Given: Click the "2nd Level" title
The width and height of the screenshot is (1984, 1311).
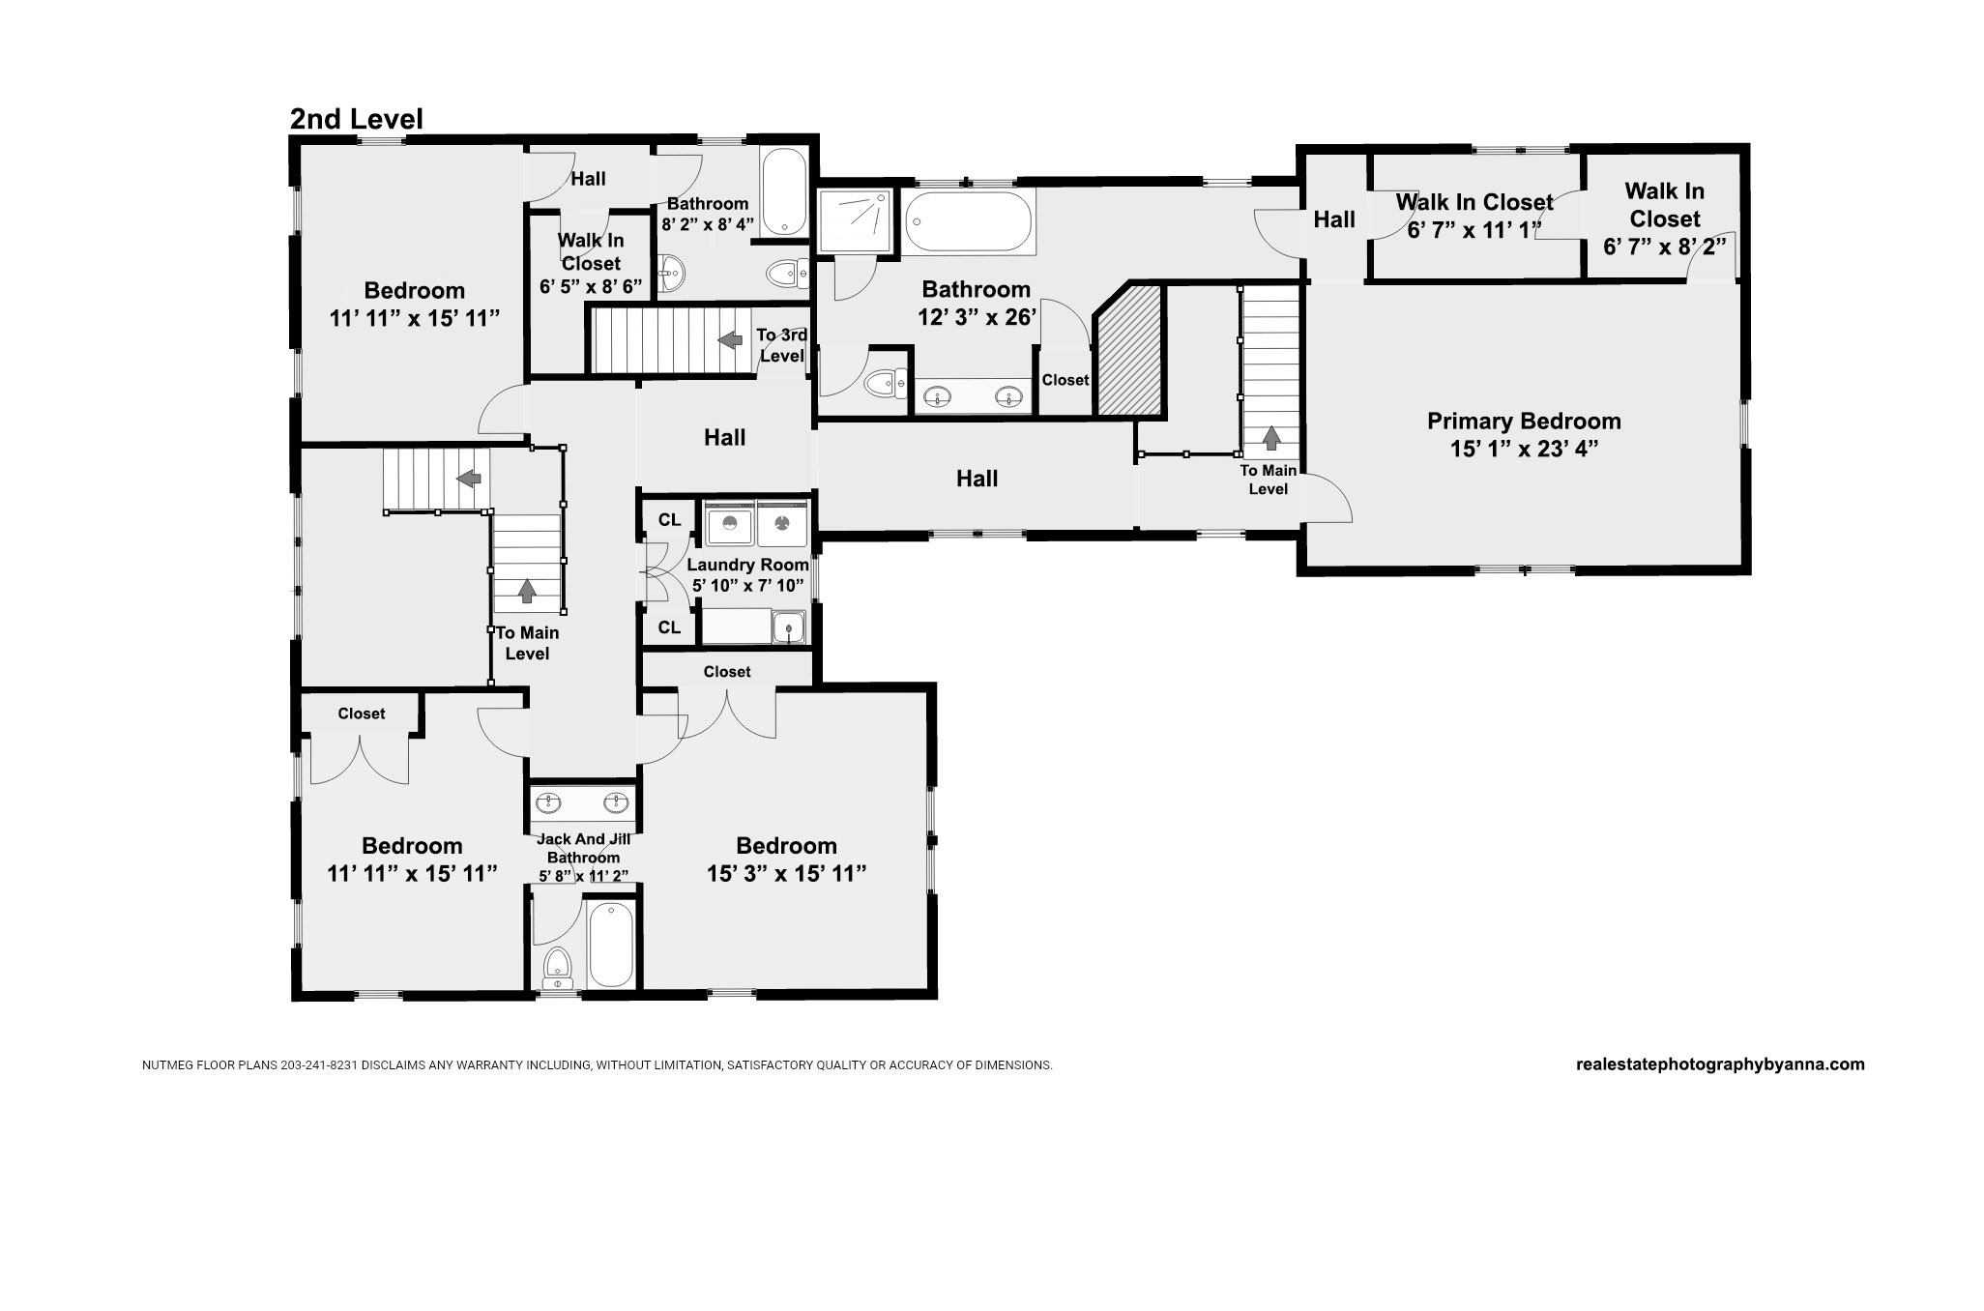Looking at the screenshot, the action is (357, 119).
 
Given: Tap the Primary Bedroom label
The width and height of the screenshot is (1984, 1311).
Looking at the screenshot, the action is (1524, 422).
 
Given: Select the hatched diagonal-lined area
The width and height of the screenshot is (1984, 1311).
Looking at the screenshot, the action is (1127, 349).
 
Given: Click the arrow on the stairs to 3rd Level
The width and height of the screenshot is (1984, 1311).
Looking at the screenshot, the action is (730, 339).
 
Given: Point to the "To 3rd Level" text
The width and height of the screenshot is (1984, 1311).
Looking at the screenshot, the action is (781, 345).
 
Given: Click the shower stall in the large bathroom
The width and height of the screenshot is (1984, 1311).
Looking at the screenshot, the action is (855, 221).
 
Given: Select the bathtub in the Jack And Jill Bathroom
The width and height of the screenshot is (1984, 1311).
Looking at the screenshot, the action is (611, 945).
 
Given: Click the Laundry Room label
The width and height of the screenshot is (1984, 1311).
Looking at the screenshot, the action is (747, 565).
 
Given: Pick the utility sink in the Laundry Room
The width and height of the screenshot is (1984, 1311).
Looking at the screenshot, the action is (789, 627).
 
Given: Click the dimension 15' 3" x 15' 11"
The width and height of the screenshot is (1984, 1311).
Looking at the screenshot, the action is (786, 874).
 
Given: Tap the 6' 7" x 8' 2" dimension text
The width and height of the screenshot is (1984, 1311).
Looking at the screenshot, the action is (1665, 248).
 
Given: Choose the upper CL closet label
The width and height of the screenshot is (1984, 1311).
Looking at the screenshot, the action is (669, 520).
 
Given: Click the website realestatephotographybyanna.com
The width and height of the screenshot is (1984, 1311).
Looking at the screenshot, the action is (1720, 1064).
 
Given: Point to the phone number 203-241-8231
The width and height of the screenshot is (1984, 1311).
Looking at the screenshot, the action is (320, 1065).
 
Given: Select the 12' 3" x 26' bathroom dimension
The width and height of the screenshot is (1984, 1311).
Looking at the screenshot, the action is (977, 316).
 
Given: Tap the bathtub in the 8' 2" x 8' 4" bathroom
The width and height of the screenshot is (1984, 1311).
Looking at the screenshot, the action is (783, 190).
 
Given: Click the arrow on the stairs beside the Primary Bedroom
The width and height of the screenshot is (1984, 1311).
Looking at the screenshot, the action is (1271, 438).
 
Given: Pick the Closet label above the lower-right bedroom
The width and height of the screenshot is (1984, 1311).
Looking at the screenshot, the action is (727, 672).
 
